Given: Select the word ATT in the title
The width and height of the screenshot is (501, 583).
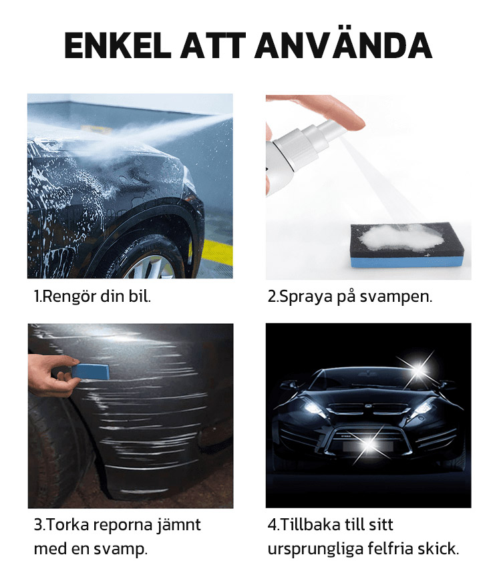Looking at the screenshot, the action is (x=212, y=45).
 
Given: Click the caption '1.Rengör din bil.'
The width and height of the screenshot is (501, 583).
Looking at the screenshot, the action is (x=92, y=297).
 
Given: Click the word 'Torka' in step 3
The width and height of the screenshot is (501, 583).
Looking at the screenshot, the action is (x=68, y=525).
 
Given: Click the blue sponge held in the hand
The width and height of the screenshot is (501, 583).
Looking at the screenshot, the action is (x=90, y=371).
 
